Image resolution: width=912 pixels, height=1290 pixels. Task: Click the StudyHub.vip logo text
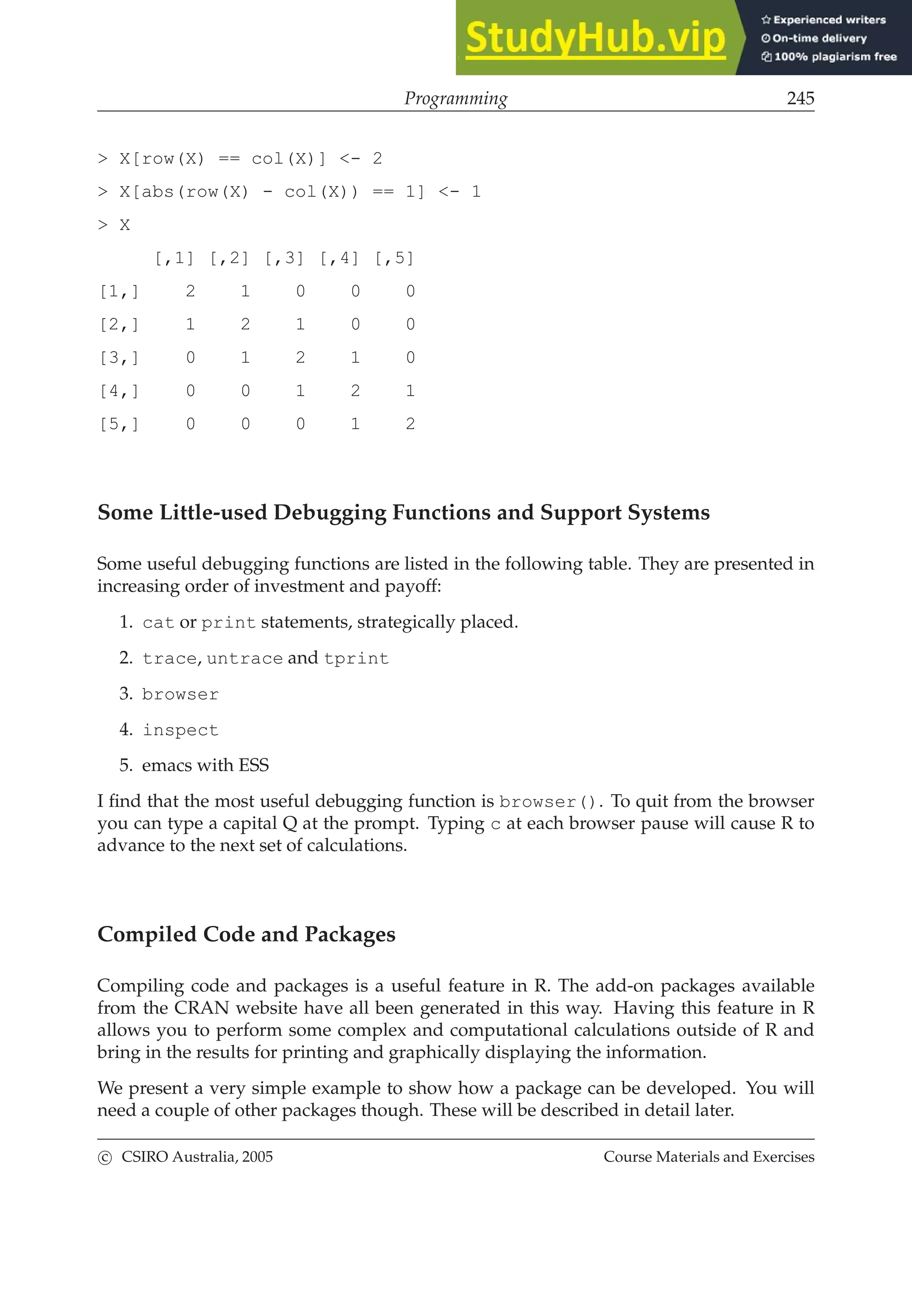(x=595, y=38)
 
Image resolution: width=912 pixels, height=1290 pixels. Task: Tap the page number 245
(x=800, y=98)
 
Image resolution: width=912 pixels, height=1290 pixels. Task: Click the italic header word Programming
(x=456, y=98)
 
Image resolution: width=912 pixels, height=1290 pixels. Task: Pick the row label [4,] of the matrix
(x=118, y=390)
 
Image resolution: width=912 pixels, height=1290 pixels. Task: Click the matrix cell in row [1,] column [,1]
(x=191, y=291)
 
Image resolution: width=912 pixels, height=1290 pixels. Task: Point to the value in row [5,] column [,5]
(x=410, y=424)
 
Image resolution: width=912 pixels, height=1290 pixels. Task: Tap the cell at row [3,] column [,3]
(x=300, y=357)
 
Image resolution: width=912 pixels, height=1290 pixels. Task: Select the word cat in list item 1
(x=158, y=623)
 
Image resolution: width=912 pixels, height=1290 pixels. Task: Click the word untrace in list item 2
(x=244, y=658)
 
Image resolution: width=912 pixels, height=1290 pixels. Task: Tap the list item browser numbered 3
(x=180, y=694)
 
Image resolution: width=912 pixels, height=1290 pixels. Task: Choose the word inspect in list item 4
(x=180, y=730)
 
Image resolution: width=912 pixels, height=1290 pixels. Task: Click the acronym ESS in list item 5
(x=253, y=765)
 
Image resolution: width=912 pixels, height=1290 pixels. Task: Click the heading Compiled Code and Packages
(x=246, y=934)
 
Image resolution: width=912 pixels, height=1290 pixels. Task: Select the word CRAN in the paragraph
(x=202, y=1008)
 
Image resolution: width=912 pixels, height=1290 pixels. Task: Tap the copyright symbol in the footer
(x=105, y=1158)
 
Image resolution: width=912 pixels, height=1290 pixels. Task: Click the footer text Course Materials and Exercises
(x=708, y=1157)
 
